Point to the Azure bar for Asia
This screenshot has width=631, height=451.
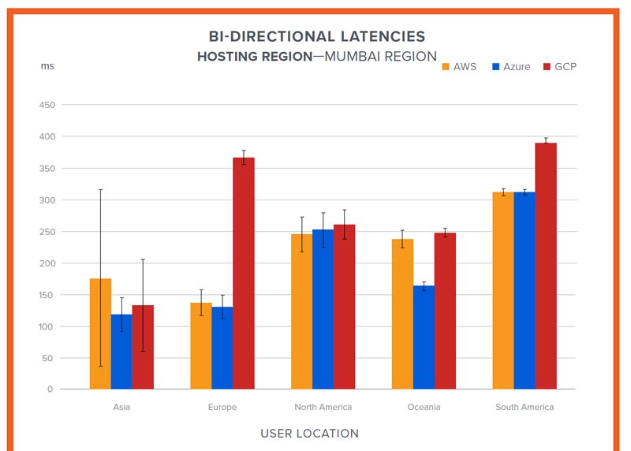(121, 352)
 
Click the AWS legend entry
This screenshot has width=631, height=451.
(459, 66)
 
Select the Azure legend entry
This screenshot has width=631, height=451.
(511, 66)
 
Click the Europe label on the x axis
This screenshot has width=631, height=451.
(222, 407)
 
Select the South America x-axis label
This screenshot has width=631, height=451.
(525, 407)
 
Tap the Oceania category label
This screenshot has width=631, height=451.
(424, 407)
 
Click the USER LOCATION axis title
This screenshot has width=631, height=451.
(309, 433)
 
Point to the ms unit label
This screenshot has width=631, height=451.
(47, 66)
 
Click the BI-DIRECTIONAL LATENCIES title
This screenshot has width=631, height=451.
(316, 36)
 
